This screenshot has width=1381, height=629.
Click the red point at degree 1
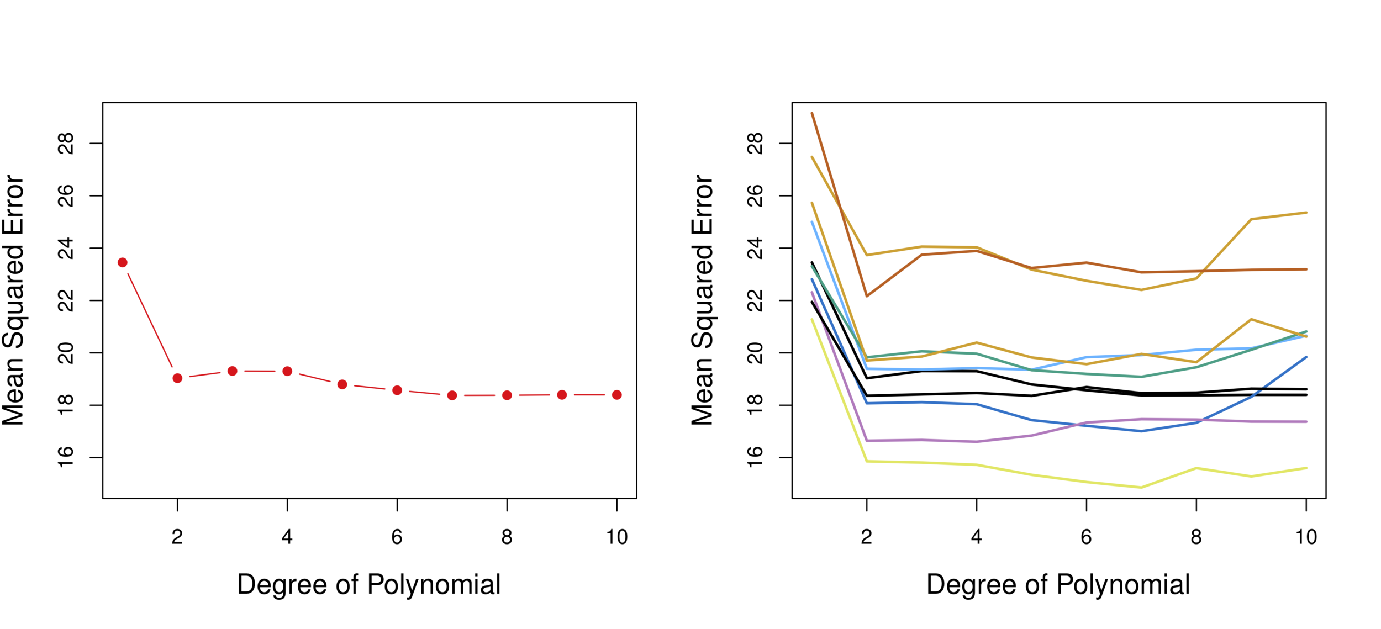[x=123, y=262]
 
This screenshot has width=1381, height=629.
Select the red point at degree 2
[x=177, y=378]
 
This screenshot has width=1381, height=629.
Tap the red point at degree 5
[x=342, y=384]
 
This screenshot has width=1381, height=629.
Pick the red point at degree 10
[x=617, y=395]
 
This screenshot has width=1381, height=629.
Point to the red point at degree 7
[x=452, y=395]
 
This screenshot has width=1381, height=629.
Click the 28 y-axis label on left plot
[x=66, y=144]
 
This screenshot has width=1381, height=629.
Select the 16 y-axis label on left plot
[x=66, y=457]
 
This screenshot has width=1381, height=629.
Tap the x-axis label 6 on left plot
[x=397, y=537]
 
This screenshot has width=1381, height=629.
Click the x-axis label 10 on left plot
[x=616, y=537]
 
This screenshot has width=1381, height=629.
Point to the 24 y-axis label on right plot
[x=755, y=249]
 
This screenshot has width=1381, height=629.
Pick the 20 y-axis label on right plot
[x=755, y=353]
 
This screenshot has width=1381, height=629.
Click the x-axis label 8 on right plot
[x=1196, y=537]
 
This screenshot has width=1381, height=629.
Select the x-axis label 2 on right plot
[x=866, y=537]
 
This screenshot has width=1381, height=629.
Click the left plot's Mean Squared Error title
[x=13, y=300]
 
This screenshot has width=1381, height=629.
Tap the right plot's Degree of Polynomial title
[x=1058, y=585]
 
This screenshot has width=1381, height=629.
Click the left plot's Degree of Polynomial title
[x=368, y=585]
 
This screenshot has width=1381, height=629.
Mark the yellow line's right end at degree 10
[x=1306, y=468]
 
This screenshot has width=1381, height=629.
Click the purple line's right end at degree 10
[x=1306, y=422]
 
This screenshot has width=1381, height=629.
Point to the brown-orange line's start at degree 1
[x=812, y=113]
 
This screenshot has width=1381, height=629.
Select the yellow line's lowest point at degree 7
[x=1141, y=488]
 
